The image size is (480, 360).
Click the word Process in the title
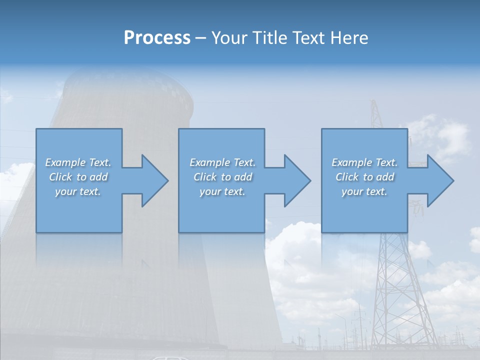[157, 38]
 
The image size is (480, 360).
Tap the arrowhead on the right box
[440, 180]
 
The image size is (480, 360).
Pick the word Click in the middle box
[204, 177]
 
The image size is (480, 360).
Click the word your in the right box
[352, 191]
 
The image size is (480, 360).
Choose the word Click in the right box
[347, 177]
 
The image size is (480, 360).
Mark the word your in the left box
[65, 191]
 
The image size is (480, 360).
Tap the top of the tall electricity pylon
[374, 103]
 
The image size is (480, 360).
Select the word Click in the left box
[60, 177]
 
